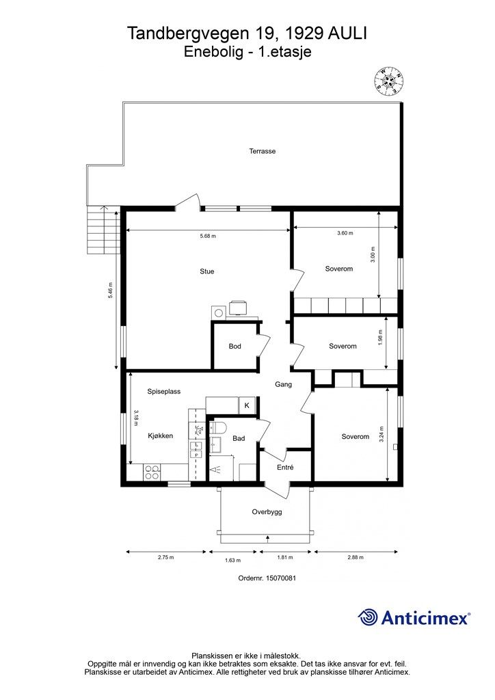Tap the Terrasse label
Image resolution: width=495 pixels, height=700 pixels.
[x=263, y=151]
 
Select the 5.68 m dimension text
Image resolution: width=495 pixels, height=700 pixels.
[x=207, y=236]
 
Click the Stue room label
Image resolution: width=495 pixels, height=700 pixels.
[x=207, y=271]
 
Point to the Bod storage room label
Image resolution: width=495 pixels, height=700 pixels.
[x=235, y=346]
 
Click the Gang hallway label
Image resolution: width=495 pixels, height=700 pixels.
[x=284, y=384]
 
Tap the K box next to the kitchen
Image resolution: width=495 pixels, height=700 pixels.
[x=247, y=406]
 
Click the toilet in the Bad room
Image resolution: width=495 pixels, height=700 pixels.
[x=217, y=428]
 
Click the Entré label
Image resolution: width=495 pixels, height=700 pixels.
[x=285, y=468]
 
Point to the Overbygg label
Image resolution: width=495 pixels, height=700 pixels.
[x=267, y=512]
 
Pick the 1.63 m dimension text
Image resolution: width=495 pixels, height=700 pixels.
[x=232, y=560]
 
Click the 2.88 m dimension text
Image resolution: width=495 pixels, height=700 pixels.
[x=356, y=557]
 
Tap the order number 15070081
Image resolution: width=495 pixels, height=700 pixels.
[x=281, y=578]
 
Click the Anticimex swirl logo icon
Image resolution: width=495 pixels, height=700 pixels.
[x=368, y=617]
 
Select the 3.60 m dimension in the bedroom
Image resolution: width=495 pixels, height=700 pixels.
[x=345, y=233]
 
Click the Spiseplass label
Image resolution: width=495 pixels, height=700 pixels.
[x=164, y=391]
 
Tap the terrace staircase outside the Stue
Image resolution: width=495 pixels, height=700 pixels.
[x=103, y=230]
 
